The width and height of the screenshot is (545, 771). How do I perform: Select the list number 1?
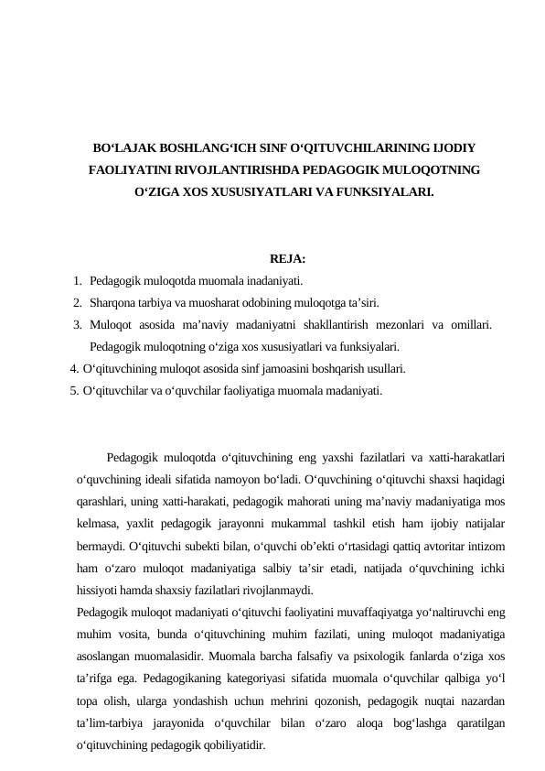tap(80, 281)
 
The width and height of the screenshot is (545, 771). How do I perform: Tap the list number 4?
tap(73, 369)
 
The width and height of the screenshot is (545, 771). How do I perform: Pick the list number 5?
tap(73, 391)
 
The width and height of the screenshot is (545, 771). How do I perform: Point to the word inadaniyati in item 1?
tap(274, 281)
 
